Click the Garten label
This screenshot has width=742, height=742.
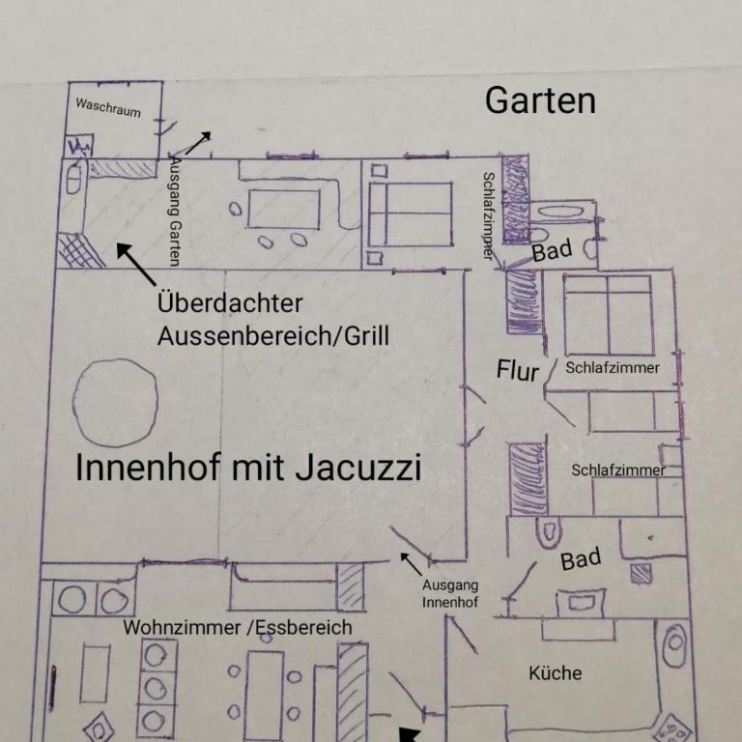(x=540, y=100)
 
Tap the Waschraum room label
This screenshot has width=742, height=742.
(x=108, y=107)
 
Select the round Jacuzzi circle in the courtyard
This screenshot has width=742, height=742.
(x=115, y=402)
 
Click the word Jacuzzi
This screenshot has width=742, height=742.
(x=357, y=468)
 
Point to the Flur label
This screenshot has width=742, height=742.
(x=518, y=370)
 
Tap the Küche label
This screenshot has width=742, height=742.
(x=556, y=672)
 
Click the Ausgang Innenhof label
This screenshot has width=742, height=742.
(x=450, y=594)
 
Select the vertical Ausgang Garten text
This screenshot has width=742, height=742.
(x=175, y=212)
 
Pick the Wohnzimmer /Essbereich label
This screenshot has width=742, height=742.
(x=238, y=627)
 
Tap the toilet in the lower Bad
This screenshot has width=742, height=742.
(x=549, y=532)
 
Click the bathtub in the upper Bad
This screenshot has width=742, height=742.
(x=561, y=211)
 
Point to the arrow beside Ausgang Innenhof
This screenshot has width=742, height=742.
(x=411, y=563)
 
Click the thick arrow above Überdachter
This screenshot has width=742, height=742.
(x=136, y=264)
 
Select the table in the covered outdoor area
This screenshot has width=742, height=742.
(x=283, y=210)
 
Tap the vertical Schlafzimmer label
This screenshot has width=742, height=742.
(x=488, y=215)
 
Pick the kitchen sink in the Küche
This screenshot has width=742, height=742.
(x=674, y=645)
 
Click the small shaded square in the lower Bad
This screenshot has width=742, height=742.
(x=642, y=574)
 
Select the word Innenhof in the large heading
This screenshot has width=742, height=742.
(x=148, y=468)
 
